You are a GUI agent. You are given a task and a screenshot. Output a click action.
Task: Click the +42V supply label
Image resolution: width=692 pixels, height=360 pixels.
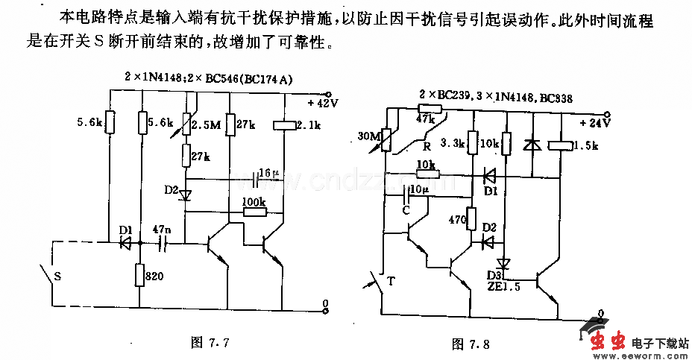pyautogui.click(x=323, y=103)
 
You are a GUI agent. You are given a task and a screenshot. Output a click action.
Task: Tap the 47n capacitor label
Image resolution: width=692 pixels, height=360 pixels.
pyautogui.click(x=160, y=229)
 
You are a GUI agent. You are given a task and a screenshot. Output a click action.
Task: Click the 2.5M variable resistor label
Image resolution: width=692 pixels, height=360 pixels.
pyautogui.click(x=207, y=124)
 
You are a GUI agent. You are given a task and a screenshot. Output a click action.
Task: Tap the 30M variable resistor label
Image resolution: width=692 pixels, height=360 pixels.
pyautogui.click(x=368, y=136)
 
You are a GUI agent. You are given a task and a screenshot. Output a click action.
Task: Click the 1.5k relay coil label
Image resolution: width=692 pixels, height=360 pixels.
pyautogui.click(x=586, y=146)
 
